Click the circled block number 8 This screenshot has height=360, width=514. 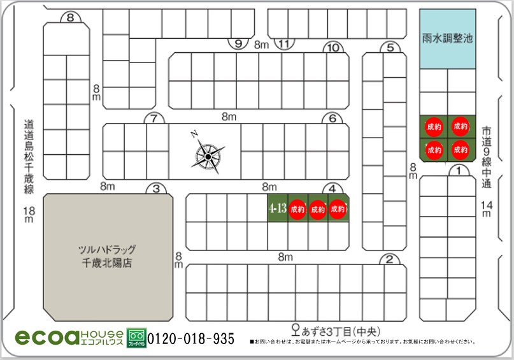(x=70, y=17)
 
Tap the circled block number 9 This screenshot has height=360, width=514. (x=238, y=44)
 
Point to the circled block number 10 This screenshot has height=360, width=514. (x=331, y=47)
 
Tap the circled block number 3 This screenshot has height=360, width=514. (x=156, y=189)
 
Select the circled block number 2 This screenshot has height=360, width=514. (x=389, y=259)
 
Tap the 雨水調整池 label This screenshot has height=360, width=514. (x=448, y=38)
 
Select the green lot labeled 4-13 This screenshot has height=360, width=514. (x=277, y=208)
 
